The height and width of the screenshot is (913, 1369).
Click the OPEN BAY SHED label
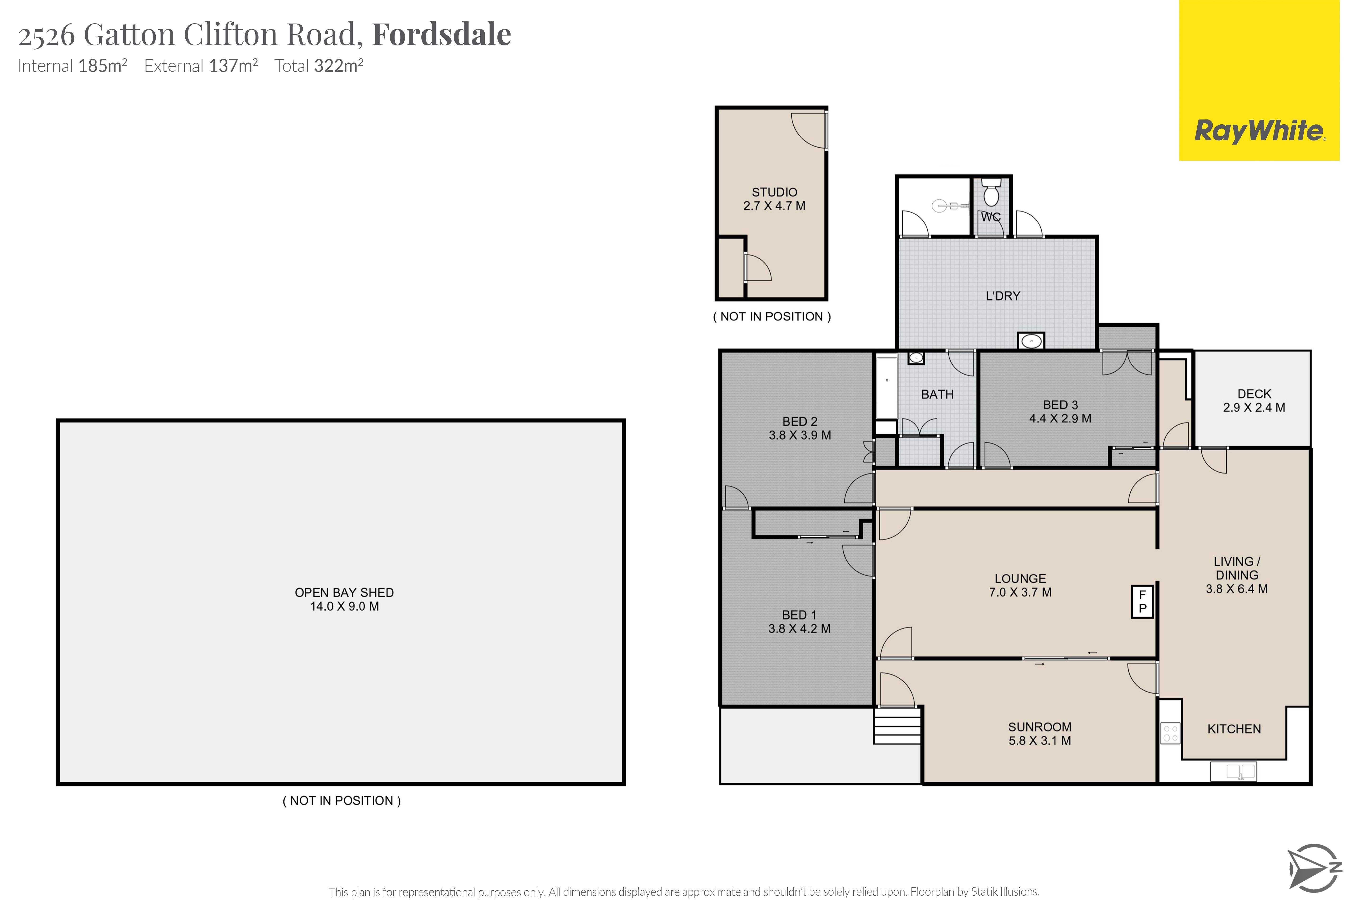[x=344, y=592]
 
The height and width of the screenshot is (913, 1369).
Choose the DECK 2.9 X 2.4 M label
[x=1254, y=401]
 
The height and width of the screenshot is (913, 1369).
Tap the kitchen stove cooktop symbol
[x=1170, y=733]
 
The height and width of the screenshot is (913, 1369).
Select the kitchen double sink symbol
[x=1233, y=772]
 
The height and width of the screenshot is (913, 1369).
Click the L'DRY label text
[x=1003, y=296]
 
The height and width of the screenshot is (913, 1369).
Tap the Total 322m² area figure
[x=319, y=66]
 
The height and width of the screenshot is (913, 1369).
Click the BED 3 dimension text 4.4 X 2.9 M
[x=1060, y=418]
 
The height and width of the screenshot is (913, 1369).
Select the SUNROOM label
[x=1040, y=727]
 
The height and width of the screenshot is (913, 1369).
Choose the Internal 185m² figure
[x=73, y=66]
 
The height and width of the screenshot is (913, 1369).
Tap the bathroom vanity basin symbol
[x=916, y=358]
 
